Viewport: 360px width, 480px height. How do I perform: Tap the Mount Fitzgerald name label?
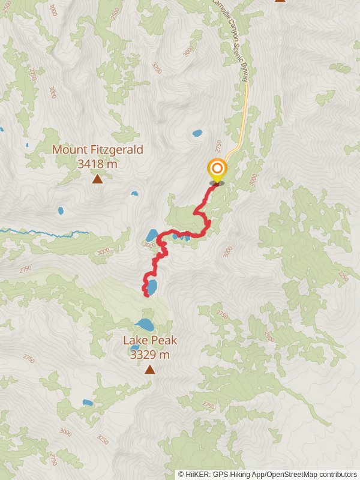click(x=98, y=149)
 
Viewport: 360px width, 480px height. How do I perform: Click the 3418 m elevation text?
click(x=98, y=163)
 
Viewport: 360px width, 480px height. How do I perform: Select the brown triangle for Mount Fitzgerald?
click(x=97, y=178)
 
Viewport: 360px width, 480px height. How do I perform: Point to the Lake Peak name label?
click(x=150, y=341)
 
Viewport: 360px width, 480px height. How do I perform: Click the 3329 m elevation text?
click(x=149, y=354)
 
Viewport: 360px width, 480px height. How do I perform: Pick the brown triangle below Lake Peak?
click(x=149, y=370)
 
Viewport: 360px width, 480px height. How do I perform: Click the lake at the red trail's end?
click(x=152, y=287)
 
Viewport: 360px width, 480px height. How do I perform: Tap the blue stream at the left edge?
click(x=36, y=231)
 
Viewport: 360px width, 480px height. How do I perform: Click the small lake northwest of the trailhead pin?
click(x=197, y=133)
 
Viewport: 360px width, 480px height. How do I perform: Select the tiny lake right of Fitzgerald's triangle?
click(x=134, y=193)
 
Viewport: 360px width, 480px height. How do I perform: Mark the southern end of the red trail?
click(x=146, y=295)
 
